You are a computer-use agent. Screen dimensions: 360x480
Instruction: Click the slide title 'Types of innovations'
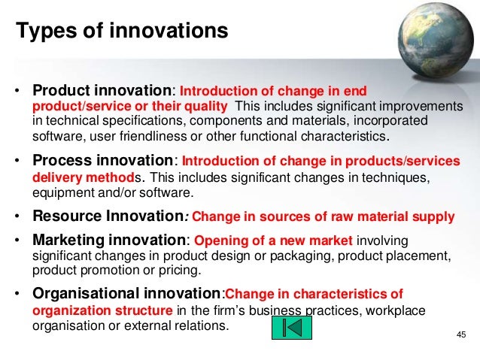122,32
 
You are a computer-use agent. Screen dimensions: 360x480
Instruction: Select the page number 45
461,334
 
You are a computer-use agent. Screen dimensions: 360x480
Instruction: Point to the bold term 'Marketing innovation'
110,241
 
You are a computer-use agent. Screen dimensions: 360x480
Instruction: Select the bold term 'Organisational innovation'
127,294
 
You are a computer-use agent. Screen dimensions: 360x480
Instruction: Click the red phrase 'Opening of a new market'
273,241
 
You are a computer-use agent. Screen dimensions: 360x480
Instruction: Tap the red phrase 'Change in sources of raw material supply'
324,217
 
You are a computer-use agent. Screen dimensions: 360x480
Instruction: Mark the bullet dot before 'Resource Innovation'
17,217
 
